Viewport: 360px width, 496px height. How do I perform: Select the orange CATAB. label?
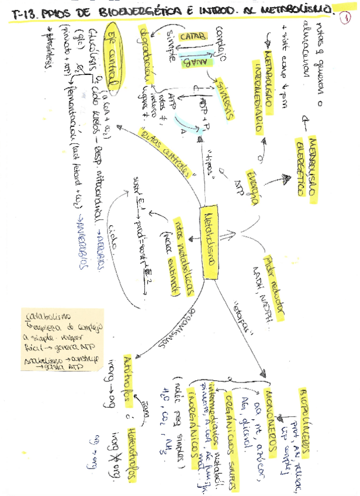coord(192,37)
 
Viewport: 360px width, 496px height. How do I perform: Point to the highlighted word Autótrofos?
coord(128,377)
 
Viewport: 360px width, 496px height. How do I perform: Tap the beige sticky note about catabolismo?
coord(61,340)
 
